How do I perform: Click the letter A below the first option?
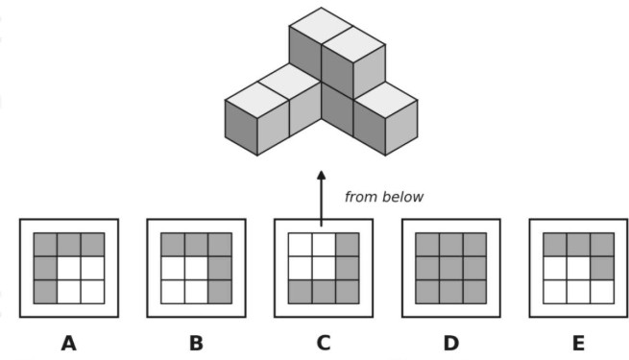68,344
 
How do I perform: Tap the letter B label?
196,344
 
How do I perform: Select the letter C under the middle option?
324,344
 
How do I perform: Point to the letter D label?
451,344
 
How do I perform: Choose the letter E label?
578,344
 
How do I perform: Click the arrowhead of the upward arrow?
322,176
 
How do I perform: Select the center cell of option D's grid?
451,268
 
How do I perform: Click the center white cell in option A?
68,268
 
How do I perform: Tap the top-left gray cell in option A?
45,245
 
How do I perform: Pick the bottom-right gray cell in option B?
220,292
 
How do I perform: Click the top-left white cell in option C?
300,245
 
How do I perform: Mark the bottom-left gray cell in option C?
300,292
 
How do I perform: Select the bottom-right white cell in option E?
602,292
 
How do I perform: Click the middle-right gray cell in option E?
602,268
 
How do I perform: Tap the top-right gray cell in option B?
220,245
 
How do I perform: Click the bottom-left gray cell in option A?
45,292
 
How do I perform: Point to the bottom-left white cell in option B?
173,292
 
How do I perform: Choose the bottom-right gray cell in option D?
474,292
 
